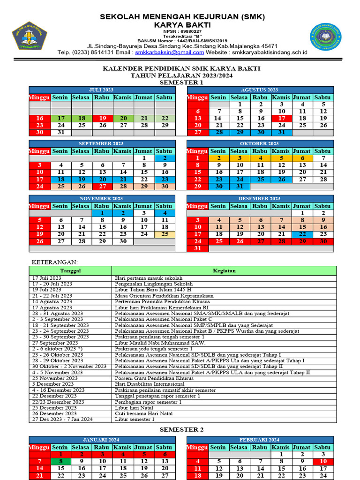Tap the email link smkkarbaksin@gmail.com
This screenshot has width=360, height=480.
169,52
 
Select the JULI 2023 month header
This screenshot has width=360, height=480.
101,90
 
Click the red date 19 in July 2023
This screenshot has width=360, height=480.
102,119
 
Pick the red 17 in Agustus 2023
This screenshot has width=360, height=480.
281,119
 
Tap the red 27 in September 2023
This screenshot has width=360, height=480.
102,187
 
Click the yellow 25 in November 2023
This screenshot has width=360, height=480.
165,234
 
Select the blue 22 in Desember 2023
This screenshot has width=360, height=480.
302,234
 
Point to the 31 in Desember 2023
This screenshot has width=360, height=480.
197,248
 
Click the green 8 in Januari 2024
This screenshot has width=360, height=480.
60,461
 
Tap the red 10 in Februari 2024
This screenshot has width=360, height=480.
323,461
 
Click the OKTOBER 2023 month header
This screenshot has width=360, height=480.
260,143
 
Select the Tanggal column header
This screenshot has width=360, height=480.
70,270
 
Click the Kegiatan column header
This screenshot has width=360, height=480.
224,270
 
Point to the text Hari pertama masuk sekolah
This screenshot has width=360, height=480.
149,278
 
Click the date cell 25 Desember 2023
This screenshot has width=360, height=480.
55,408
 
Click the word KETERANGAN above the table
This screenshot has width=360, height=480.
55,262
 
